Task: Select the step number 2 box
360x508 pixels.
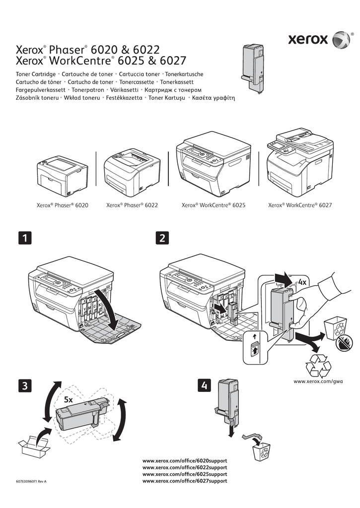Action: click(x=161, y=239)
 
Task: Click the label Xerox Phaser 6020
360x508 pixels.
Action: click(x=63, y=205)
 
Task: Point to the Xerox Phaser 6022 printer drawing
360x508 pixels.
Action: click(x=132, y=171)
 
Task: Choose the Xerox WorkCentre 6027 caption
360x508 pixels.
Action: click(x=300, y=205)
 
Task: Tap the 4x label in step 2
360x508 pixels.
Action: click(x=302, y=282)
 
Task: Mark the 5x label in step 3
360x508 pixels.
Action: click(x=69, y=399)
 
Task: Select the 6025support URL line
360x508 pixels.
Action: click(x=185, y=474)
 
